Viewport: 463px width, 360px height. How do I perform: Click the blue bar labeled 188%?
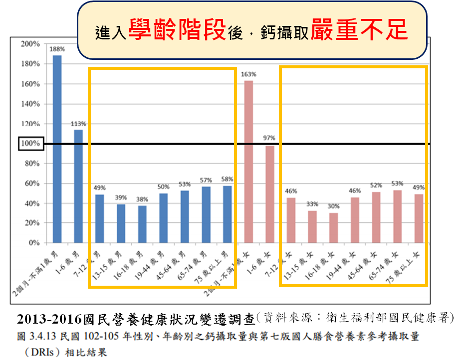click(x=57, y=149)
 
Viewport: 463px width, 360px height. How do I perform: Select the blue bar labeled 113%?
click(x=78, y=186)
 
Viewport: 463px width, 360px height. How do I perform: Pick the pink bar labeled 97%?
click(x=269, y=194)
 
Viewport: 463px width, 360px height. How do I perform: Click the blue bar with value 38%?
click(x=142, y=224)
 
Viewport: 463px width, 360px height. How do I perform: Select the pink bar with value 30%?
click(x=333, y=228)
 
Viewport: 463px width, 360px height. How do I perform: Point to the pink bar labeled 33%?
click(x=312, y=227)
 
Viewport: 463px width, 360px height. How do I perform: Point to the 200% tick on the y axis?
click(x=31, y=44)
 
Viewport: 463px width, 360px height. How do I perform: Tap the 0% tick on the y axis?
click(x=34, y=243)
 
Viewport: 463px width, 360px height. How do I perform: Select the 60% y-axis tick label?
click(x=31, y=183)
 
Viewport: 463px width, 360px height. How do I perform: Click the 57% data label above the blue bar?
click(x=206, y=180)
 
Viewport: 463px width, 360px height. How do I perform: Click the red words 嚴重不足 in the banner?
click(x=359, y=31)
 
